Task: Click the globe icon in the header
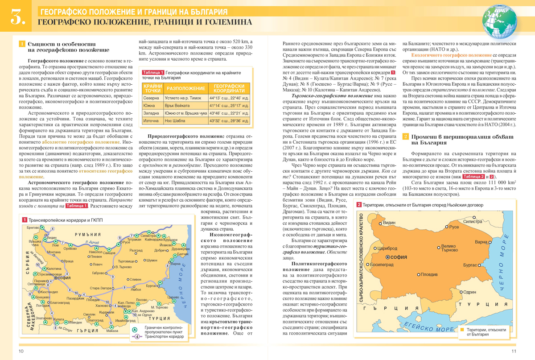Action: [x=500, y=21]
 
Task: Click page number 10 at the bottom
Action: [x=21, y=351]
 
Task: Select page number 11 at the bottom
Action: [x=514, y=351]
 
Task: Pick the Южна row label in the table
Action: [x=150, y=106]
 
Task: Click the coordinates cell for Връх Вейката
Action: [x=229, y=106]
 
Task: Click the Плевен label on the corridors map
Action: [x=96, y=257]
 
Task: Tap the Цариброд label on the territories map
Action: [x=387, y=248]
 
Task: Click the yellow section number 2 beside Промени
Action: [x=406, y=136]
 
